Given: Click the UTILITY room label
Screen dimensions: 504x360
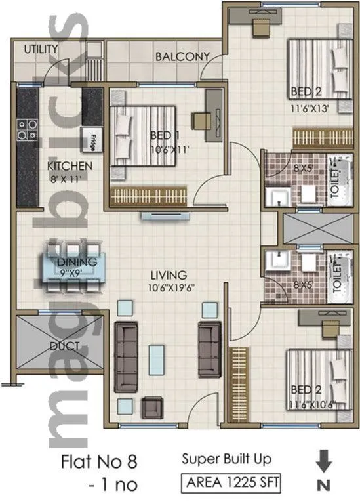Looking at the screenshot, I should (41, 49).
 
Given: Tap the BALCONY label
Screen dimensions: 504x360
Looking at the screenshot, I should (182, 56).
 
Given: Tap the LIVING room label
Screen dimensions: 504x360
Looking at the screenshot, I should (168, 274).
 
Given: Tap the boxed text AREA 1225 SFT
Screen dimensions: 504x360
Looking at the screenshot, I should (231, 484).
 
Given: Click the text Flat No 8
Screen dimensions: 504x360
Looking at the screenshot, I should (100, 461).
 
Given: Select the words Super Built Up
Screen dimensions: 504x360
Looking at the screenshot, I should (226, 459).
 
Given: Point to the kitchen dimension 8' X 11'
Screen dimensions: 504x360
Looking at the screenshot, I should (69, 177).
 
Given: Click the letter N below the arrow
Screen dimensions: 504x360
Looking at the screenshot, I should (323, 486).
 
